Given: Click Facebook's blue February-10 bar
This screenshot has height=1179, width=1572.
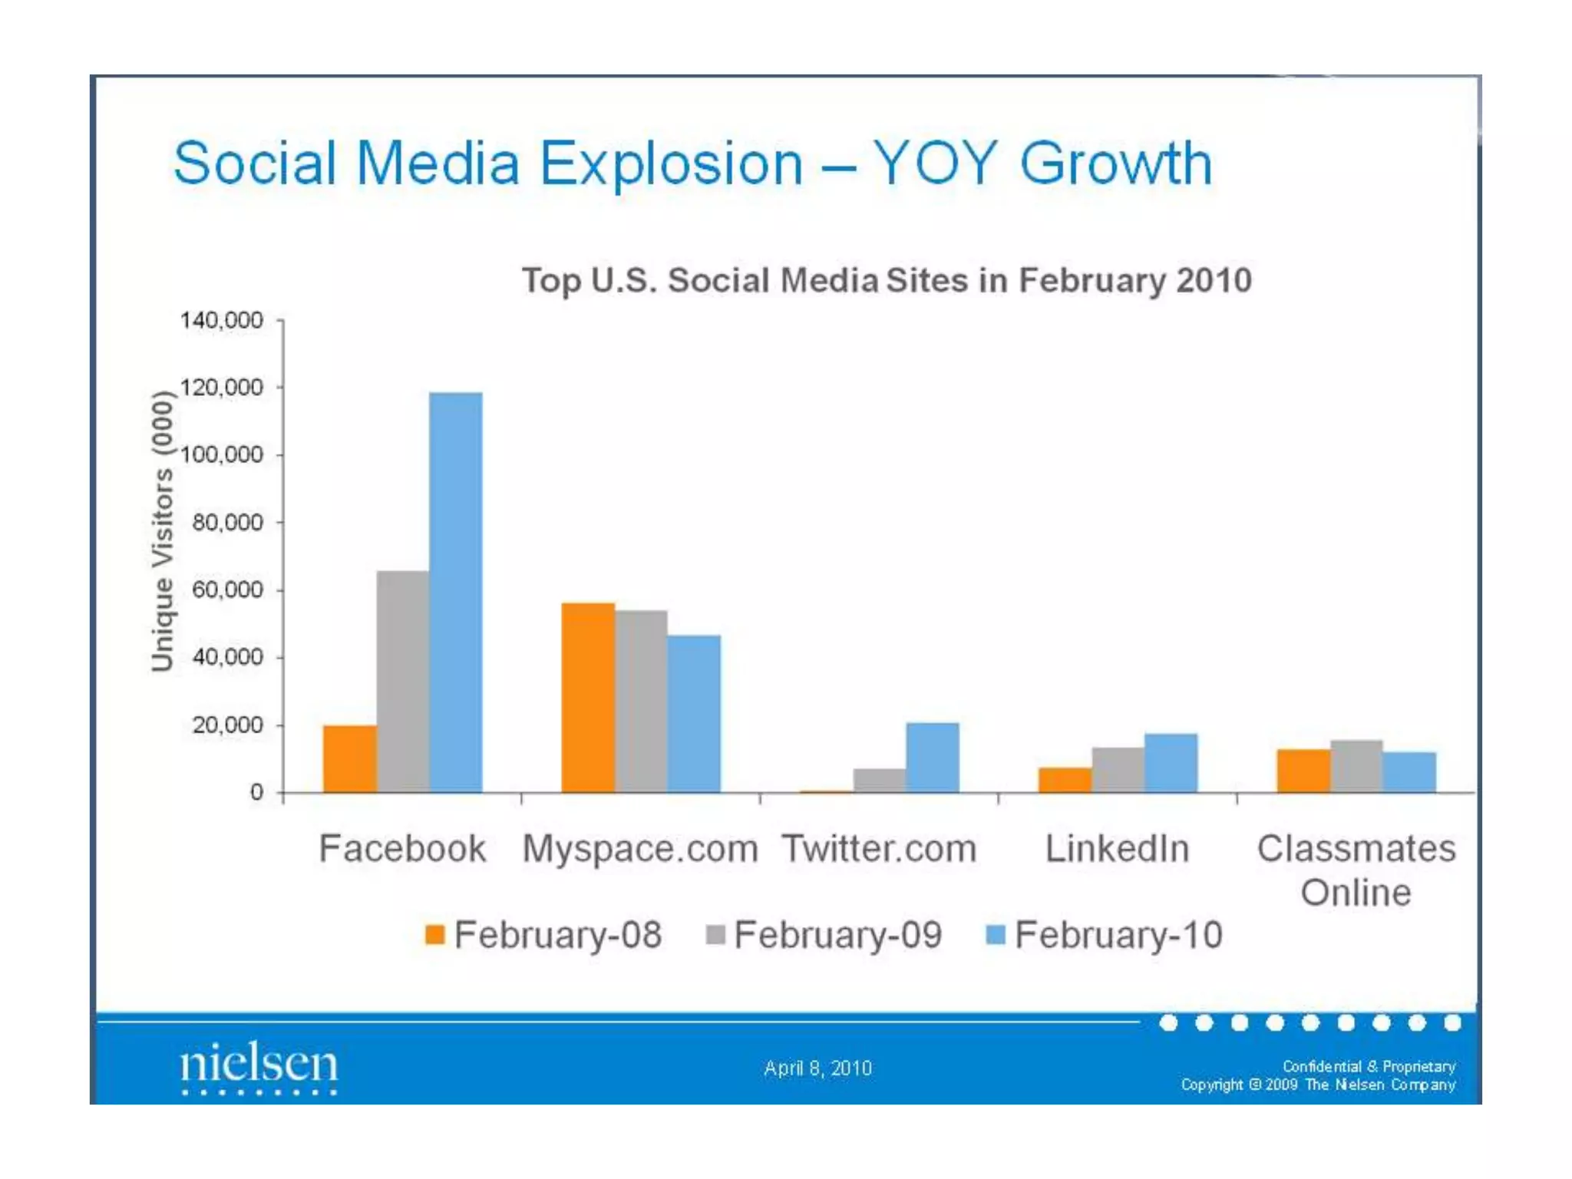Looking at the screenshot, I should click(455, 592).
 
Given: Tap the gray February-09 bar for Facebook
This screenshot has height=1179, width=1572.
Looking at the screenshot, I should click(402, 681).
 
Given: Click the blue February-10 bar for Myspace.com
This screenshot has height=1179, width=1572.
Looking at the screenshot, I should click(694, 713).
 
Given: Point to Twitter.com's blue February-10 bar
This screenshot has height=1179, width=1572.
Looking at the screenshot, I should click(933, 757).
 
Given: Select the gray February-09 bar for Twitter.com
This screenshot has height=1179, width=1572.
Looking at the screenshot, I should click(880, 780).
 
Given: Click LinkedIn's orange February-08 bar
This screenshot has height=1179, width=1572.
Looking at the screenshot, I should click(1065, 779).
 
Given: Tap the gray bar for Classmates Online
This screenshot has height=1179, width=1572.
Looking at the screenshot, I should click(1356, 765).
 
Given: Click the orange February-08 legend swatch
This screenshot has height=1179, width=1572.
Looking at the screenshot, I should click(435, 935).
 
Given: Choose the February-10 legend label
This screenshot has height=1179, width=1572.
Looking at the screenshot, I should click(1118, 935).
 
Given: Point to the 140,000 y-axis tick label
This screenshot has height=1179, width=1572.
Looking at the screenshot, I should click(221, 320).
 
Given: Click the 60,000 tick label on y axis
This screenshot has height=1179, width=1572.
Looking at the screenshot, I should click(227, 590).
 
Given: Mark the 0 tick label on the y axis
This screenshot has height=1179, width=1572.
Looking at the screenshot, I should click(256, 792).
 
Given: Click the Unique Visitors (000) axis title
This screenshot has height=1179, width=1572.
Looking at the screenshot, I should click(163, 531).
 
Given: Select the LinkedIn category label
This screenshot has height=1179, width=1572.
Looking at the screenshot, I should click(1117, 849).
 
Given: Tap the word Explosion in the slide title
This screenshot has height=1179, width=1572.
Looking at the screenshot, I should click(671, 163).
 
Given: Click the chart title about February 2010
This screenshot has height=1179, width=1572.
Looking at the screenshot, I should click(887, 280).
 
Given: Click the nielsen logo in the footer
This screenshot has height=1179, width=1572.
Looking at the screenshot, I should click(259, 1065).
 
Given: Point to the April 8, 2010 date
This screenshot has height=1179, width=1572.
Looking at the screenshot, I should click(817, 1068).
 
